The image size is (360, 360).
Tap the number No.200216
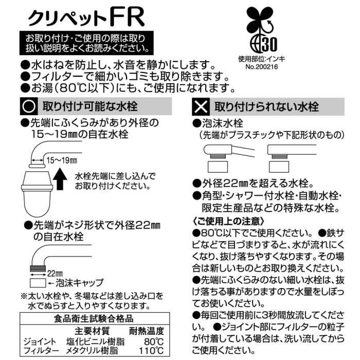point(261,67)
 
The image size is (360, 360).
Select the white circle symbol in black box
point(29,106)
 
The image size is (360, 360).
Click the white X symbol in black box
point(201,107)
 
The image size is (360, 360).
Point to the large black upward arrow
point(60,179)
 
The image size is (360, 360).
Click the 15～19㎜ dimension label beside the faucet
point(62,160)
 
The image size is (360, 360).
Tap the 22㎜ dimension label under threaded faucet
point(55,274)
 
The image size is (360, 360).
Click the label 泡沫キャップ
point(80,283)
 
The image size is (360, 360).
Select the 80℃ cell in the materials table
point(154,341)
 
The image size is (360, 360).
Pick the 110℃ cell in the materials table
point(151,351)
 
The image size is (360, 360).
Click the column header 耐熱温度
point(147,331)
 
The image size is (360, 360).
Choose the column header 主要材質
point(92,331)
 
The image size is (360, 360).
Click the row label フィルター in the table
point(41,351)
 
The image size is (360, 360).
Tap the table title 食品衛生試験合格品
point(94,319)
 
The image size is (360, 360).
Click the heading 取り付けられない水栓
point(266,107)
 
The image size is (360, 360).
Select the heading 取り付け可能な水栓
point(90,106)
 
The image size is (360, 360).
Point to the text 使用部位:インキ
point(261,59)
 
